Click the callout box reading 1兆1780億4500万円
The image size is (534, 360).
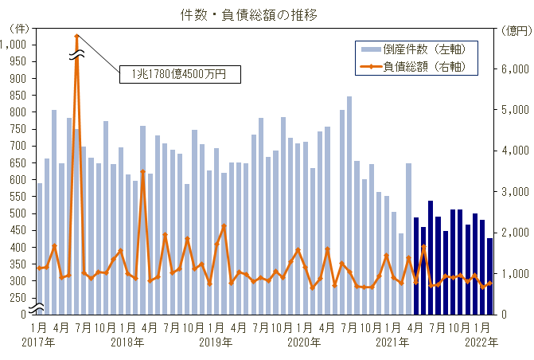coord(179,74)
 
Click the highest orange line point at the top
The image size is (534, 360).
coord(76,36)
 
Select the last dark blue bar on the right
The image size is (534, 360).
coord(490,276)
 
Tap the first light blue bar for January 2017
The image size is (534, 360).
coord(40,248)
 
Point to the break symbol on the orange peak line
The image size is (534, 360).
coord(76,55)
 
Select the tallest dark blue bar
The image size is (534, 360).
coord(431,256)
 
